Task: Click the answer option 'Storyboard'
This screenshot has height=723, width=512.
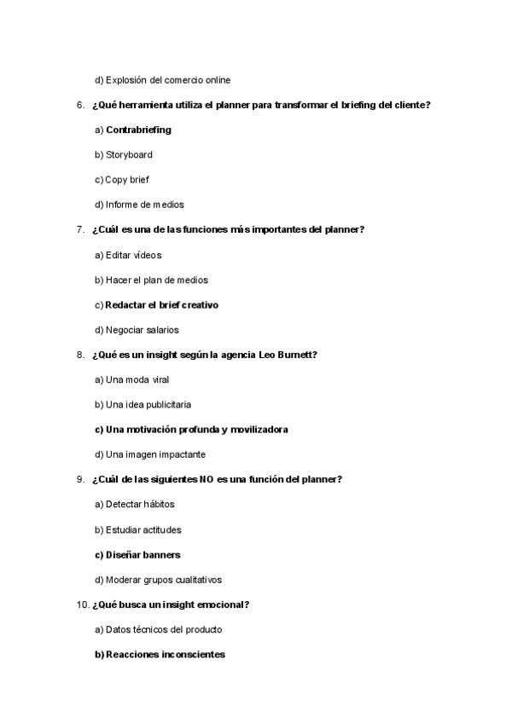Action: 129,155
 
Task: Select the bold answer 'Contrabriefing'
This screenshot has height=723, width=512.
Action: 138,130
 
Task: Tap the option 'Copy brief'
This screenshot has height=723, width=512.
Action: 127,180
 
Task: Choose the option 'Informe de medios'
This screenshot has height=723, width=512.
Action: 144,205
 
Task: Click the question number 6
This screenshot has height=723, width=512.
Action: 79,105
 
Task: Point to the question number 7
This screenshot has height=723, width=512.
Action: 79,229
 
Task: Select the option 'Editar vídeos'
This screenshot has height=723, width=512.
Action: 133,255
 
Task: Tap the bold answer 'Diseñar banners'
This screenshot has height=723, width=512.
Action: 143,554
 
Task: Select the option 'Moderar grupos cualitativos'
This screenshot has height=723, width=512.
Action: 163,580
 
